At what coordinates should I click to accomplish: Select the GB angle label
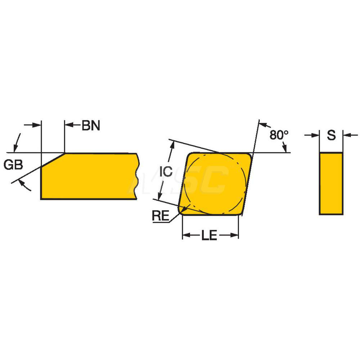click(13, 165)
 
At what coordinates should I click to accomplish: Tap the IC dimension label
click(166, 171)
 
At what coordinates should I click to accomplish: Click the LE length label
click(209, 236)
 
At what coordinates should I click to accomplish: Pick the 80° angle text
click(279, 135)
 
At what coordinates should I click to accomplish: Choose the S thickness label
click(331, 135)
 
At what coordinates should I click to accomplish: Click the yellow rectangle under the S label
click(331, 184)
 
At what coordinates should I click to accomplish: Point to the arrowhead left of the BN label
click(68, 125)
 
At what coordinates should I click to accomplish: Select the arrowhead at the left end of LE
click(186, 235)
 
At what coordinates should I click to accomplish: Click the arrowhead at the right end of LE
click(235, 235)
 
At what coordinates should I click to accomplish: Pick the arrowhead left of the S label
click(316, 135)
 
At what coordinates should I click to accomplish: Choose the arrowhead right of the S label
click(346, 135)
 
